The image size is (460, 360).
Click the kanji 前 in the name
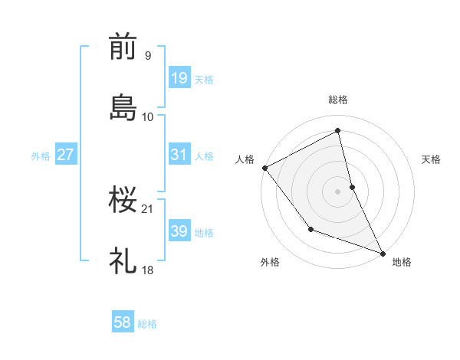[x=123, y=47]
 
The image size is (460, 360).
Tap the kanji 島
[x=123, y=107]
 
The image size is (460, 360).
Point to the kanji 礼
[x=123, y=261]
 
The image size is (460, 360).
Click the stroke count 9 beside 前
[x=147, y=55]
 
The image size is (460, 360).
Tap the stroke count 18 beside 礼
[x=148, y=270]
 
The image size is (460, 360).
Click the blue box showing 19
[x=179, y=78]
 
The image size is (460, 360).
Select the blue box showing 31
[x=179, y=155]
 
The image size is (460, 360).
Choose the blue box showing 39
[x=179, y=231]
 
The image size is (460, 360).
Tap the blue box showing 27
[x=66, y=155]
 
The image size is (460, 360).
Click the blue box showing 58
[x=123, y=323]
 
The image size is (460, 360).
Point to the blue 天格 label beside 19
[x=204, y=80]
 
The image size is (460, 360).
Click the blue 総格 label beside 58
[x=147, y=325]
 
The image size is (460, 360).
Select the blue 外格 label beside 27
[x=41, y=156]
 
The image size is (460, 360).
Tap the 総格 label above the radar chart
[x=338, y=100]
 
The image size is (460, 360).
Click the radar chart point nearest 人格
[x=264, y=168]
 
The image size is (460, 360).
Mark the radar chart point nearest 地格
[x=383, y=252]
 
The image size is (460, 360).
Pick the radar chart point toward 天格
[x=352, y=186]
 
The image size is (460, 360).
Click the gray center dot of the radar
[x=338, y=191]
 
